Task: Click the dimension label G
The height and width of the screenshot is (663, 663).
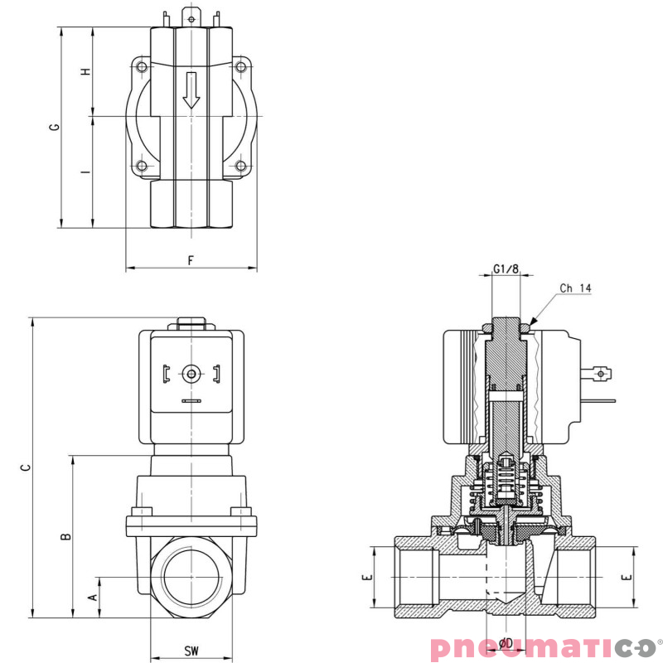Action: click(55, 127)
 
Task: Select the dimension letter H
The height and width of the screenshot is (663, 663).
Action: click(85, 72)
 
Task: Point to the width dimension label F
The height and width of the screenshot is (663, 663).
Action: click(191, 260)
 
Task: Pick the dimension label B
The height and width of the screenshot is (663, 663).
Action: click(66, 537)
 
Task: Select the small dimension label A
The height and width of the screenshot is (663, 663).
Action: click(93, 596)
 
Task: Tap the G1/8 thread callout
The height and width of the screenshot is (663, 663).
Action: click(506, 269)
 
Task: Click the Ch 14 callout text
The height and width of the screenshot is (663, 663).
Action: click(575, 288)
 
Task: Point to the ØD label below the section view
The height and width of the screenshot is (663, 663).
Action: click(506, 644)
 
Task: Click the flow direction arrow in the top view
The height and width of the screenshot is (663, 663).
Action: click(191, 90)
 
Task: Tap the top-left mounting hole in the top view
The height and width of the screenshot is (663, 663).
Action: click(142, 67)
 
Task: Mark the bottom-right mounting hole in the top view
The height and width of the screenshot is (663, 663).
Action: click(240, 166)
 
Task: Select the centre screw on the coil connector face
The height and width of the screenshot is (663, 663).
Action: click(191, 375)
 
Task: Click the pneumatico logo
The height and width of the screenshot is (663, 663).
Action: click(544, 646)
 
